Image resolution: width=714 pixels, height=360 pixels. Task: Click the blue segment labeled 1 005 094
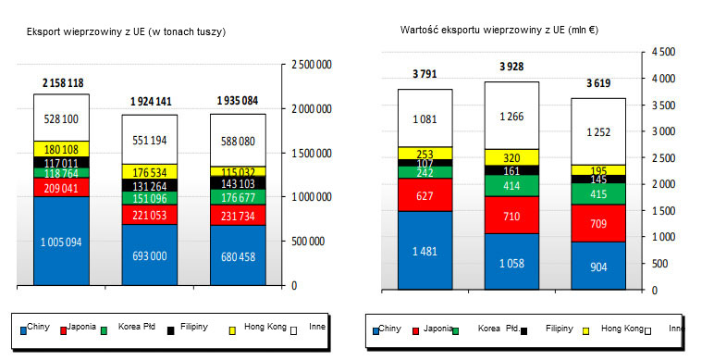tap(61, 242)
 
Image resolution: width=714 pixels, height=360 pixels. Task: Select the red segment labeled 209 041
tap(61, 187)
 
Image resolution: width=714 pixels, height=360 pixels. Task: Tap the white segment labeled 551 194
tap(150, 140)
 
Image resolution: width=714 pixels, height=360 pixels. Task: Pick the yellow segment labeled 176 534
tap(150, 171)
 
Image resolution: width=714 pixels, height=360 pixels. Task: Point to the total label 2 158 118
tap(62, 83)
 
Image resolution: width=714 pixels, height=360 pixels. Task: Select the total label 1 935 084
tap(238, 100)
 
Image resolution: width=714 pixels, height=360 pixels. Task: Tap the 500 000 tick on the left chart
tap(312, 242)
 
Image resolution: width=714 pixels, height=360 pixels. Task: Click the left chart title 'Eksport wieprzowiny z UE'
tap(126, 31)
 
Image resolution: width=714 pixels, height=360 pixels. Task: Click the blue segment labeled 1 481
tap(425, 250)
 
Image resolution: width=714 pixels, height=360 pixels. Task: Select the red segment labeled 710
tap(511, 215)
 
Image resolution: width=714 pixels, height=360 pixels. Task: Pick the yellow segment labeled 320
tap(511, 157)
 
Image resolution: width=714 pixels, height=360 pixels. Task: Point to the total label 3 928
tap(511, 67)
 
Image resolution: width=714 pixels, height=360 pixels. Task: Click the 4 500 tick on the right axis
tap(664, 53)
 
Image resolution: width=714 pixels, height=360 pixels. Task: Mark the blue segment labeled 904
tap(598, 266)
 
